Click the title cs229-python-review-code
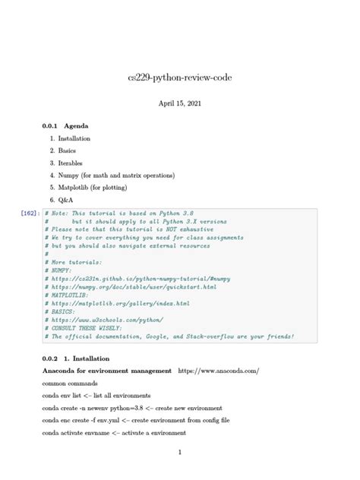tap(179, 78)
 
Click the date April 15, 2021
tap(179, 103)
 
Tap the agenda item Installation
tap(74, 139)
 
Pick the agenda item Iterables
tap(71, 163)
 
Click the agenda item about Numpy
tap(116, 175)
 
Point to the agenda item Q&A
tap(66, 200)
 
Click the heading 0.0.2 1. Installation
tap(77, 358)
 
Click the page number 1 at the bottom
tap(179, 453)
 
